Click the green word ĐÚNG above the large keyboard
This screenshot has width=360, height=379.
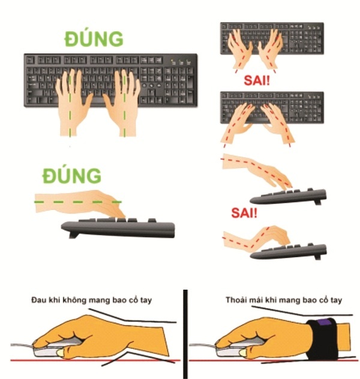[x=94, y=38]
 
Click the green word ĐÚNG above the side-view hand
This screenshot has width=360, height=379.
[x=71, y=175]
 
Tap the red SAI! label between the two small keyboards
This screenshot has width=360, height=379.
[x=257, y=80]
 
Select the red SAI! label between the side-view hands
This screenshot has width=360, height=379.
[x=244, y=213]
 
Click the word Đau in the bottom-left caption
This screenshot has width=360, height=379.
[x=38, y=300]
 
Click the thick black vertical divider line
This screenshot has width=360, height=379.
[x=185, y=334]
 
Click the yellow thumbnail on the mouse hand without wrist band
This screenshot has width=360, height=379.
[x=61, y=353]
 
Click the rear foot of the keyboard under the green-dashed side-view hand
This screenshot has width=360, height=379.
[x=74, y=234]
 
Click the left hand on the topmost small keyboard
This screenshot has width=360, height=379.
[x=240, y=49]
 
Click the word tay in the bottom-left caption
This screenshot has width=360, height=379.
[x=146, y=300]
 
